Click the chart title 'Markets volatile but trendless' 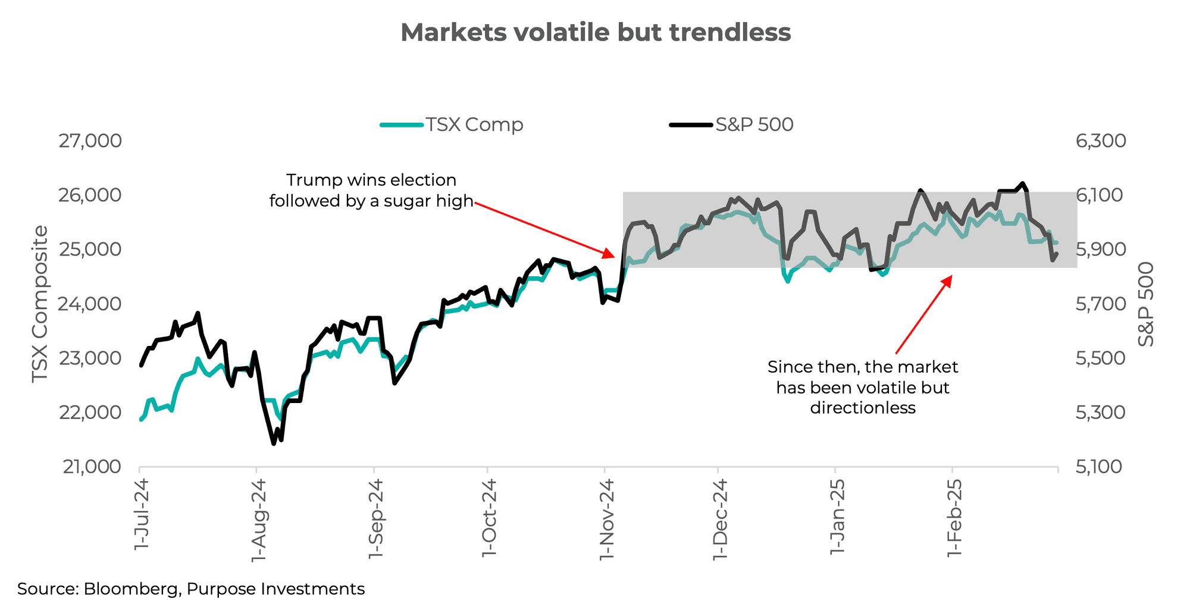[x=596, y=33]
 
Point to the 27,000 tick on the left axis [x=90, y=141]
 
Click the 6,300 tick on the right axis [x=1101, y=141]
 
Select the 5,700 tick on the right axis [x=1100, y=304]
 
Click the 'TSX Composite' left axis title [x=40, y=304]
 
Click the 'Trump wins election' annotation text [x=371, y=180]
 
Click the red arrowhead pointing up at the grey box [x=950, y=277]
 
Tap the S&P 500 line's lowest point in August [x=274, y=444]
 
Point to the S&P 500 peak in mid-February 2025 [x=1022, y=183]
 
